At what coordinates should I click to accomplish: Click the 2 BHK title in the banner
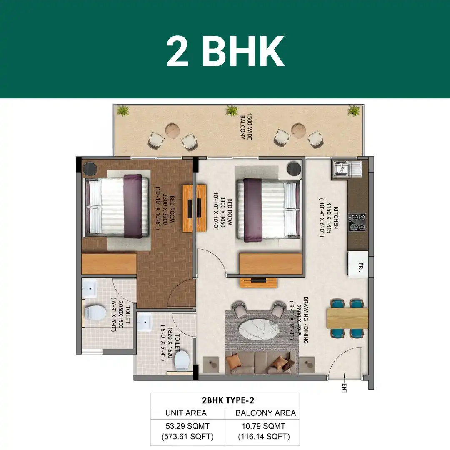[x=225, y=52]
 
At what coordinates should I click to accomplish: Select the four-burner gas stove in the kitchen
[x=357, y=222]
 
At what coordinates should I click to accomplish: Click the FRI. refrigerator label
[x=361, y=267]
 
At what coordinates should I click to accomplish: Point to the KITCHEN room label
[x=335, y=217]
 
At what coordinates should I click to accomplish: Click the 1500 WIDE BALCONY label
[x=246, y=127]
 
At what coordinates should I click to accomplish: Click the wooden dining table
[x=347, y=318]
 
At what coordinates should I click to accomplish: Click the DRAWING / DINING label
[x=306, y=320]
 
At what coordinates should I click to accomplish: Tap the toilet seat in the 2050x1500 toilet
[x=96, y=312]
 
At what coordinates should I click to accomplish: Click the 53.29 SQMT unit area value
[x=187, y=426]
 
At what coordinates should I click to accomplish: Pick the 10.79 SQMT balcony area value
[x=263, y=426]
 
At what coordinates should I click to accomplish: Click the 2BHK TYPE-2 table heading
[x=228, y=400]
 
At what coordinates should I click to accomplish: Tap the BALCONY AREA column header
[x=265, y=413]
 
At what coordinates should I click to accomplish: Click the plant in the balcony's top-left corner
[x=123, y=110]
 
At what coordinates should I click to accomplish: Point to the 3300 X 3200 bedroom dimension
[x=165, y=209]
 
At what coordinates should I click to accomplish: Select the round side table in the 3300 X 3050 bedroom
[x=294, y=169]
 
